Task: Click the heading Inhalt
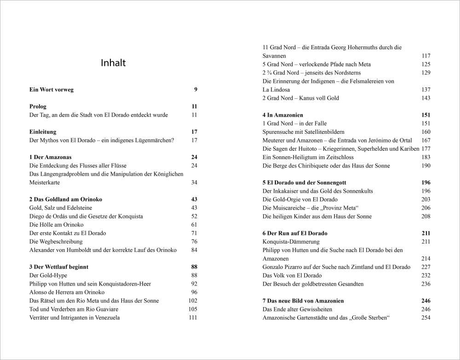(x=113, y=63)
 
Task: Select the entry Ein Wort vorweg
(x=51, y=90)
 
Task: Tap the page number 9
(x=195, y=90)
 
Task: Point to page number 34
(x=194, y=183)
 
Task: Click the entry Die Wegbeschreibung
(x=56, y=241)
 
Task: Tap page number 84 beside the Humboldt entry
(x=194, y=250)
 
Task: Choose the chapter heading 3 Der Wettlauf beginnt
(x=59, y=267)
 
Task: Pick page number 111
(x=193, y=318)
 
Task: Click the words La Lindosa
(x=276, y=90)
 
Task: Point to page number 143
(x=426, y=98)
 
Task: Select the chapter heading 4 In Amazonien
(x=283, y=115)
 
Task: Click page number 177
(x=426, y=149)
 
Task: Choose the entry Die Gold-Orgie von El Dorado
(x=300, y=200)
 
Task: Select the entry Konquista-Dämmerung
(x=291, y=241)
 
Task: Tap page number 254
(x=426, y=318)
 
